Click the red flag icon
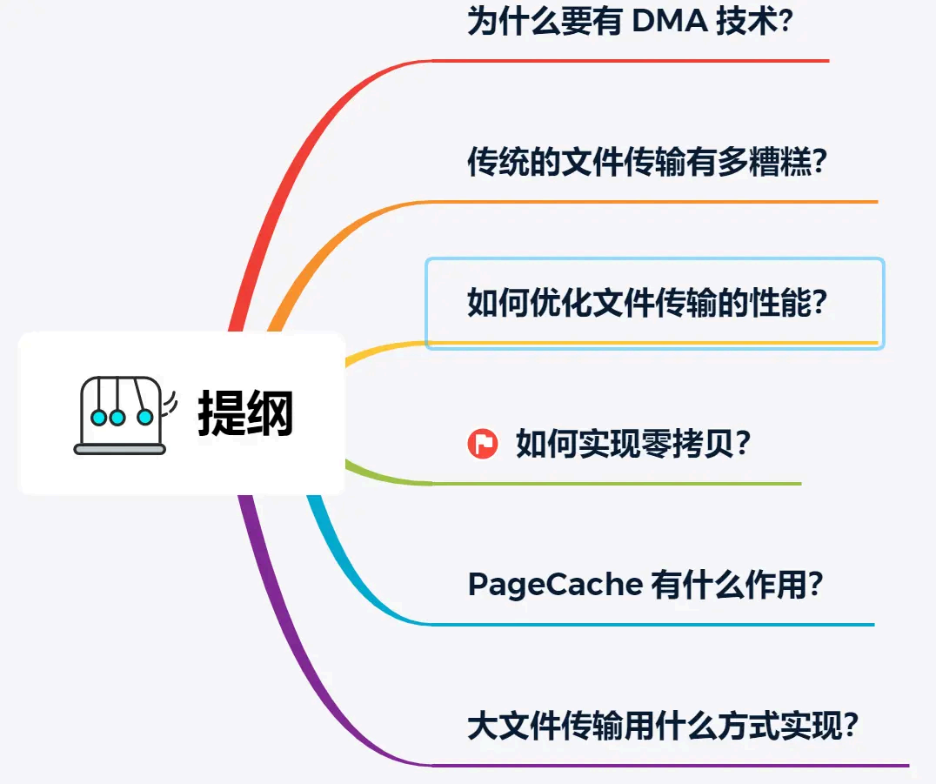[x=482, y=445]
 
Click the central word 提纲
[x=245, y=413]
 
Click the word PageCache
[x=554, y=584]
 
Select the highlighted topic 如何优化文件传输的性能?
[x=646, y=303]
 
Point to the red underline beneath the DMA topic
[x=631, y=61]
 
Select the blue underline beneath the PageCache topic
[x=652, y=625]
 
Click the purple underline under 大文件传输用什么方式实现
[x=670, y=766]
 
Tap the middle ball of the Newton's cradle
[x=117, y=418]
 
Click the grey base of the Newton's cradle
[x=120, y=449]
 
